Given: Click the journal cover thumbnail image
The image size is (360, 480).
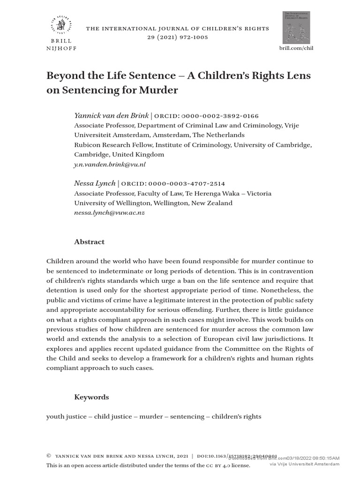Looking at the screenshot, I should tap(296, 28).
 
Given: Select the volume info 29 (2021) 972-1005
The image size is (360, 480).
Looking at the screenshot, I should tap(177, 37).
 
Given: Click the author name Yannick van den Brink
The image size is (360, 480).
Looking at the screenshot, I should tap(112, 115).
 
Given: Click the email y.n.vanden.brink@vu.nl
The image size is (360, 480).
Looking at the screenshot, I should tap(110, 165).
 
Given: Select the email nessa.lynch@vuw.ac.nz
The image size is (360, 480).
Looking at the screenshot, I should tap(109, 213).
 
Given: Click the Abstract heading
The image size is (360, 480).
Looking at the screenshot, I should tap(90, 242).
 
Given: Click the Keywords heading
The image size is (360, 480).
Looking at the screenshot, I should tap(91, 397).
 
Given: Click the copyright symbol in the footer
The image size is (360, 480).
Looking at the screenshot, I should tap(49, 456).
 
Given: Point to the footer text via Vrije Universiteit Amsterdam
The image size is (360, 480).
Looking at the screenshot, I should tap(304, 465).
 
